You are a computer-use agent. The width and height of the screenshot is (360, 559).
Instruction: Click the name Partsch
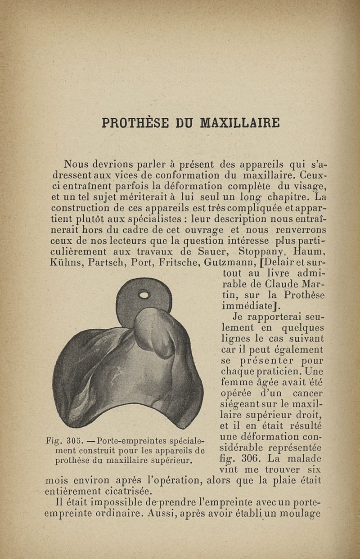click(x=103, y=262)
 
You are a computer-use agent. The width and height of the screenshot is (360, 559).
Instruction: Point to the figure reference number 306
click(x=252, y=459)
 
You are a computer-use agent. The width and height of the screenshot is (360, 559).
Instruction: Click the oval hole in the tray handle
click(x=144, y=295)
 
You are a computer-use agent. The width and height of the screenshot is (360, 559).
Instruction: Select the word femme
click(x=235, y=383)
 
